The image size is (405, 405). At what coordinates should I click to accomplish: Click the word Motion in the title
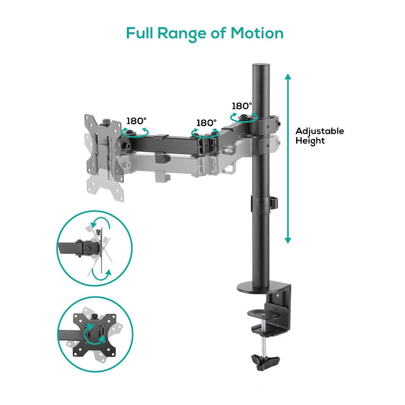tap(257, 33)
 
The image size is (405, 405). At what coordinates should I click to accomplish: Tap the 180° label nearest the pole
tap(242, 106)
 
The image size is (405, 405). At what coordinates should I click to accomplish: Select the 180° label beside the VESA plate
tap(136, 121)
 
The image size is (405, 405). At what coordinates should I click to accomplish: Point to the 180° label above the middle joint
tap(207, 123)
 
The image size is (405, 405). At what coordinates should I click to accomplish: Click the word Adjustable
tap(320, 131)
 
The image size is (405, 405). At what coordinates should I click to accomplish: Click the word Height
tap(310, 141)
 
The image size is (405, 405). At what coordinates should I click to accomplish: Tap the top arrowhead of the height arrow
tap(288, 77)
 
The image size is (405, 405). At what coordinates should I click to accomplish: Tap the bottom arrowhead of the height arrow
tap(288, 241)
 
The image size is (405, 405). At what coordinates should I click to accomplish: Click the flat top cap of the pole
tap(261, 65)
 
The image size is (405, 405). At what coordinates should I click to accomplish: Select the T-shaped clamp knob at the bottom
tap(265, 362)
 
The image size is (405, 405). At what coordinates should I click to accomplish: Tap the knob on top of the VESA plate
tap(106, 122)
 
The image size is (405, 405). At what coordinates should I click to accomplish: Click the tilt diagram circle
tap(94, 248)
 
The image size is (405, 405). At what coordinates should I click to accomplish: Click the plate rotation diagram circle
tap(95, 334)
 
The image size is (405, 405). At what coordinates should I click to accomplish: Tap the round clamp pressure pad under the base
tap(264, 313)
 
